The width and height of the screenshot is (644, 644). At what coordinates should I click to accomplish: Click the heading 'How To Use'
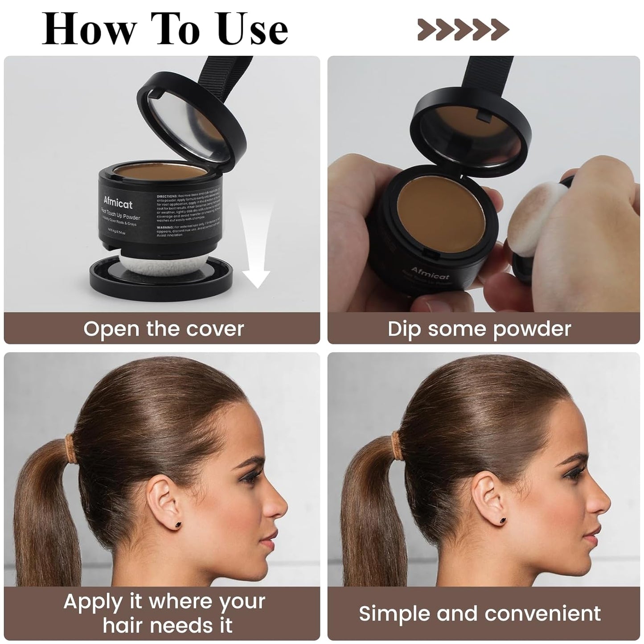(x=165, y=29)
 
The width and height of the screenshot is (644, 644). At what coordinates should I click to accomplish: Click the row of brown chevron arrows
(x=463, y=29)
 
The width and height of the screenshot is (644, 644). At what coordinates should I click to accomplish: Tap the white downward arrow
(x=255, y=250)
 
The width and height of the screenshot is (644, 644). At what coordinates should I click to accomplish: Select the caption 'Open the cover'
(x=163, y=329)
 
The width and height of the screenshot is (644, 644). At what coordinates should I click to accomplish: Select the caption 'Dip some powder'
(x=479, y=329)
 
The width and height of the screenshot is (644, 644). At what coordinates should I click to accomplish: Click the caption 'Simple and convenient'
(x=480, y=613)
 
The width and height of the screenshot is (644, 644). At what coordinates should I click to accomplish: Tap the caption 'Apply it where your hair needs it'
(x=164, y=613)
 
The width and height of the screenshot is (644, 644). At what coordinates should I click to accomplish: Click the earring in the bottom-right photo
(x=504, y=520)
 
